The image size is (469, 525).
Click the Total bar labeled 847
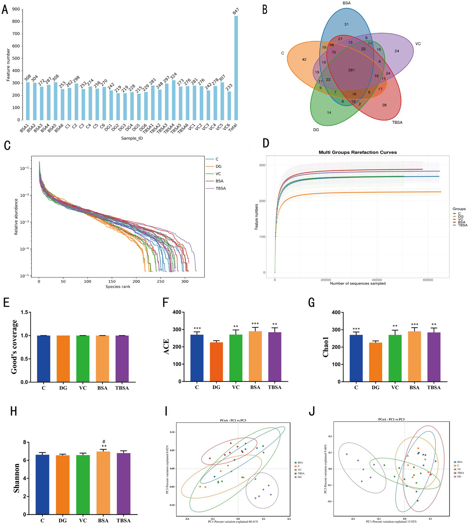(x=236, y=68)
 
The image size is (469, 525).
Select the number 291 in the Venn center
(x=351, y=70)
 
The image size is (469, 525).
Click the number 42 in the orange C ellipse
(x=304, y=59)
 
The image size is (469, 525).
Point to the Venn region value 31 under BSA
(x=346, y=24)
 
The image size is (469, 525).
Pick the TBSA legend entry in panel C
(x=221, y=188)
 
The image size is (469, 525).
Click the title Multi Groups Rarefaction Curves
(x=357, y=152)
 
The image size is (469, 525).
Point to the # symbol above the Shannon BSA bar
(x=104, y=441)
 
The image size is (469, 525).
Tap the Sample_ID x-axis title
(x=132, y=138)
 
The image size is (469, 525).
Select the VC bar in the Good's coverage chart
(x=83, y=359)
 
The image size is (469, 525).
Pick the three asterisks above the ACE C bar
(x=197, y=329)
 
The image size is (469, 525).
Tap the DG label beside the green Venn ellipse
(x=316, y=130)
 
